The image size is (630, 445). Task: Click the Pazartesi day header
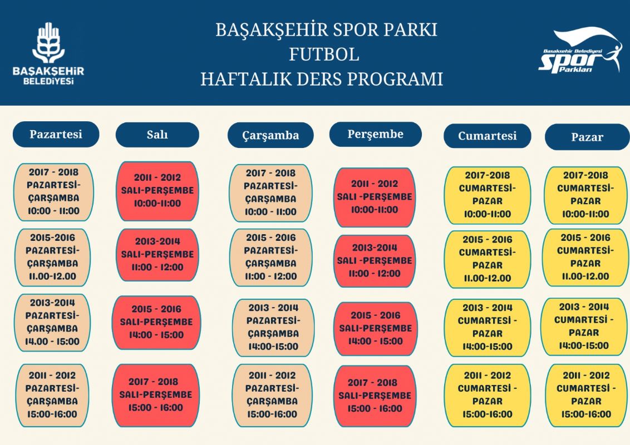56,134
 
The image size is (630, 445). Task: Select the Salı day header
157,135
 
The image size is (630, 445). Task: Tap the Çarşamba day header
270,135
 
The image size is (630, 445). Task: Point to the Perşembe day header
375,134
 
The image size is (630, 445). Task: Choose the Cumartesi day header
487,136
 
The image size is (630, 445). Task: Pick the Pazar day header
587,137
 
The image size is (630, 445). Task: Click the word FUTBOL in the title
324,55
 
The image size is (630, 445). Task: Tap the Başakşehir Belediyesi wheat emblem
48,43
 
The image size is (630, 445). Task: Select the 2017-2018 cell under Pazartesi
53,192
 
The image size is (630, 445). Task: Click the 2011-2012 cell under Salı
157,191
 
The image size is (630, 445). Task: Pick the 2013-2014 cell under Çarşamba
273,327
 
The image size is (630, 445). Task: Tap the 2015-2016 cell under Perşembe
375,329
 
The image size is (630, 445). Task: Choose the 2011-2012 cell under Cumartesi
488,395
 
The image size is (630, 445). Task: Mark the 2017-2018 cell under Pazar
585,195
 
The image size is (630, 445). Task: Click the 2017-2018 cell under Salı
155,395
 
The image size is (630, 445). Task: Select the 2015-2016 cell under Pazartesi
52,257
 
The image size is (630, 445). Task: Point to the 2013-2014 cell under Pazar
584,327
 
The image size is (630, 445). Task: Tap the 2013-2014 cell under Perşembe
375,261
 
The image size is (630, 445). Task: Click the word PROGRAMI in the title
395,79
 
